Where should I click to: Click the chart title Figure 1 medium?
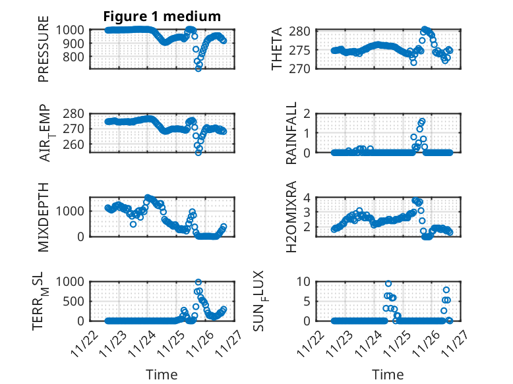pos(162,16)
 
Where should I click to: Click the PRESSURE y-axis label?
pos(44,53)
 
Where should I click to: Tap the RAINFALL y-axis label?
pos(291,134)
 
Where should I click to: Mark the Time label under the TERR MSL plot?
pos(162,375)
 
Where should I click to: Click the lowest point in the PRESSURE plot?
pos(198,68)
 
